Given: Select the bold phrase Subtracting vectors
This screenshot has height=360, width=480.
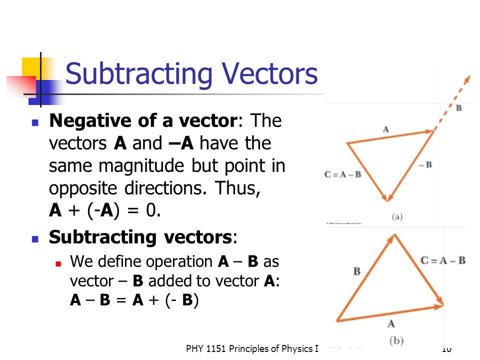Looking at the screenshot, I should tap(140, 237).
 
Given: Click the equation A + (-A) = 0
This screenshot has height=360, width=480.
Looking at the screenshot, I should tap(105, 210).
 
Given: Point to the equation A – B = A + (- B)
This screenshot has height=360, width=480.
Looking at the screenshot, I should tap(134, 301).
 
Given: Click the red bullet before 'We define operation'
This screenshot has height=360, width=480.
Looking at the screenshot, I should tap(58, 262).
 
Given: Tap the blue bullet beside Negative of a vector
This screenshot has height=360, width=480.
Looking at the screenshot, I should tap(35, 122).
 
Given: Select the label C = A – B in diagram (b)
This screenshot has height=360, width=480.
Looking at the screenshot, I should tap(443, 260).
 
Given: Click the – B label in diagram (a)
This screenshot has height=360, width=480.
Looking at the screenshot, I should tap(425, 164).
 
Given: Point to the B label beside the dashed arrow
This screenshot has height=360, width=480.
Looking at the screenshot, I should tap(458, 107).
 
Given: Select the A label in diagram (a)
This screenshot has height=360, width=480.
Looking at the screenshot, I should tap(385, 129).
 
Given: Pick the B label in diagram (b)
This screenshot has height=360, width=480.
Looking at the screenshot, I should tap(356, 271).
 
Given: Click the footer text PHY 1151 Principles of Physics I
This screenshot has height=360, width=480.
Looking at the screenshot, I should tap(252, 348).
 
